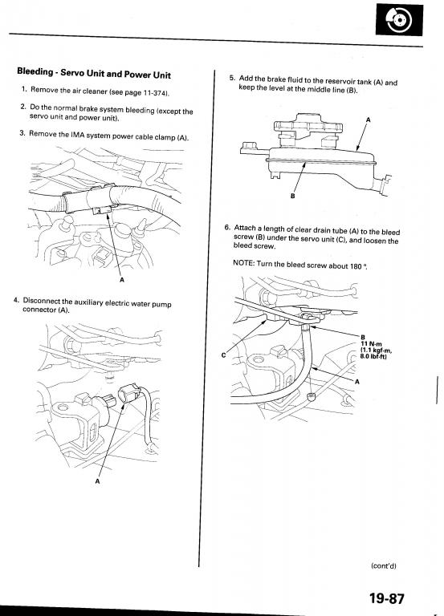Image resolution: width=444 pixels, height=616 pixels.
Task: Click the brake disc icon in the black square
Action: tap(399, 20)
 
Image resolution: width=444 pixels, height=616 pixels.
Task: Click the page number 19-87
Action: tap(386, 598)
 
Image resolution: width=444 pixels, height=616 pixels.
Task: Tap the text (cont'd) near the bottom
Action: tap(384, 565)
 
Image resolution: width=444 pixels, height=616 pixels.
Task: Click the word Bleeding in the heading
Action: tap(35, 71)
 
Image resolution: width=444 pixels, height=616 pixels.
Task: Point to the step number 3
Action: tap(22, 133)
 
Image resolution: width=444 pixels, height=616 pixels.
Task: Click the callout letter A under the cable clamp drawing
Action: tap(121, 280)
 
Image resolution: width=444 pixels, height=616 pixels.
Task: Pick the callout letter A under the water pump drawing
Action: tap(97, 481)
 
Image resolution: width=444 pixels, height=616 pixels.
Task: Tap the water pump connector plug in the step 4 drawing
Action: tap(129, 394)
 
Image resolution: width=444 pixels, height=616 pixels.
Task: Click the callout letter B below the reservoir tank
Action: tap(292, 195)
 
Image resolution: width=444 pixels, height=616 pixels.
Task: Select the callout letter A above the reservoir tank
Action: tap(368, 120)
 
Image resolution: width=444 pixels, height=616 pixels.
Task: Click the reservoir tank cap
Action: tap(308, 125)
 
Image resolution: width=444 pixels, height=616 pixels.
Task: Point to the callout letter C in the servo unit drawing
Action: tap(223, 355)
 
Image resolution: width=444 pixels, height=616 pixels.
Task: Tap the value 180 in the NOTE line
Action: tap(356, 266)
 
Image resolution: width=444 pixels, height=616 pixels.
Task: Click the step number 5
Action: tap(232, 77)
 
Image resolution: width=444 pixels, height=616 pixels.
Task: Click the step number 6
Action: tap(227, 227)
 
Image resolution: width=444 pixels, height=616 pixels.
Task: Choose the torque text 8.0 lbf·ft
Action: tap(373, 357)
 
